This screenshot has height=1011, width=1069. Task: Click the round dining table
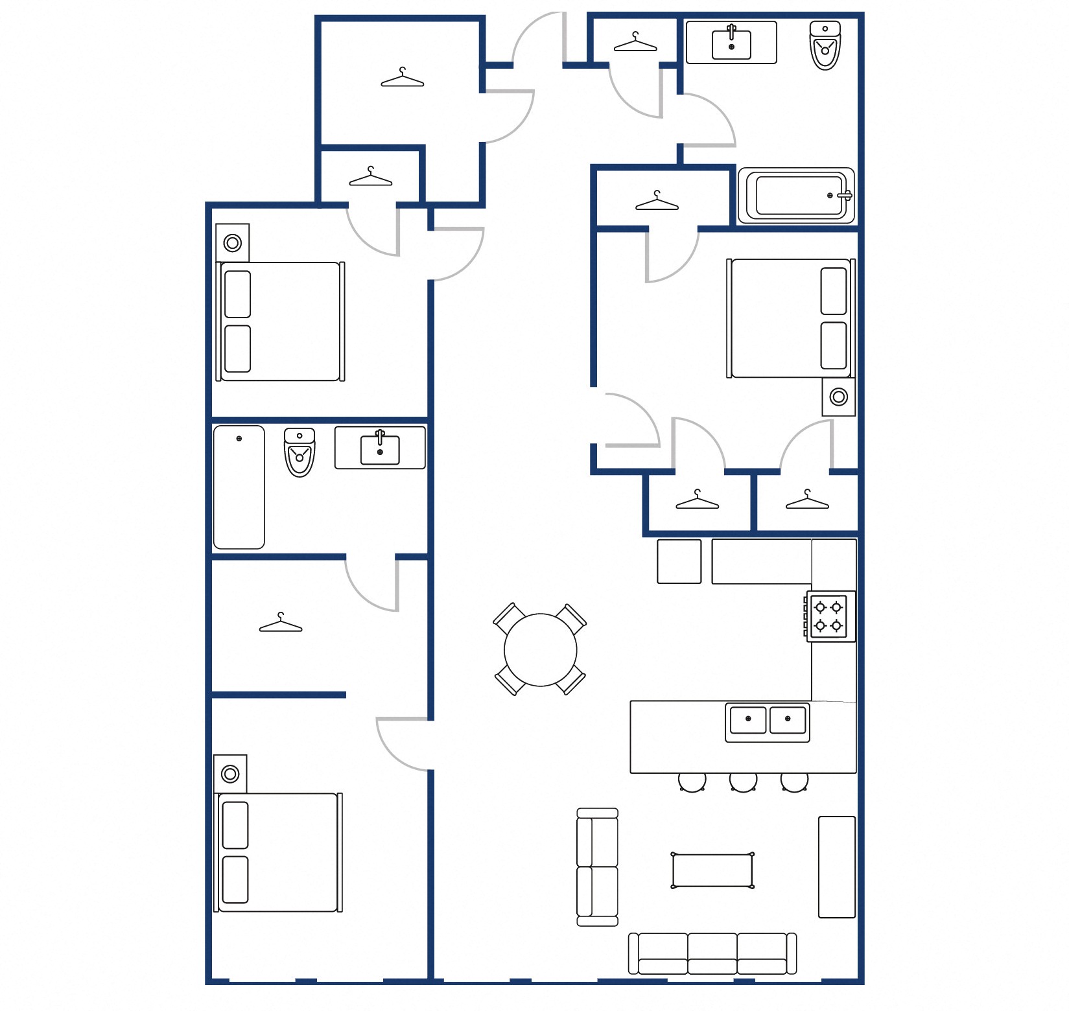coord(540,649)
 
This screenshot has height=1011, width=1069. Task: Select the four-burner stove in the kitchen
coord(830,616)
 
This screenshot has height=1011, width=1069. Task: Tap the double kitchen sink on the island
coord(768,721)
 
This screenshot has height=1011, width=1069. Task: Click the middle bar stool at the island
coord(743,782)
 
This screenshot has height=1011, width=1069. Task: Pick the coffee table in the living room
coord(712,870)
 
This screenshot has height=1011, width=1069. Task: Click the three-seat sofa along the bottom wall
coord(712,953)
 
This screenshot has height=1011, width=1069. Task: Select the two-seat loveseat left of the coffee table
coord(597,867)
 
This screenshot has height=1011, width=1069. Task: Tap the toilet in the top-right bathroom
coord(825,45)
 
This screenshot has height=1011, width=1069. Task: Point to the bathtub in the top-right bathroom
coord(796,196)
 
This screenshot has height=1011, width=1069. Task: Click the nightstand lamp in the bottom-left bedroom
coord(230,774)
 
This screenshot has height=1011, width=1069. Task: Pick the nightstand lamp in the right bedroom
coord(838,397)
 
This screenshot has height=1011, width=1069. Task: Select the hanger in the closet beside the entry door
coord(635,43)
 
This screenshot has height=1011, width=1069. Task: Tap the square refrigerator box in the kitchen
coord(679,561)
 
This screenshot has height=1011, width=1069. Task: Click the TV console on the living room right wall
coord(836,867)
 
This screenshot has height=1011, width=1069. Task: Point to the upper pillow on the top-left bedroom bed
coord(237,294)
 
